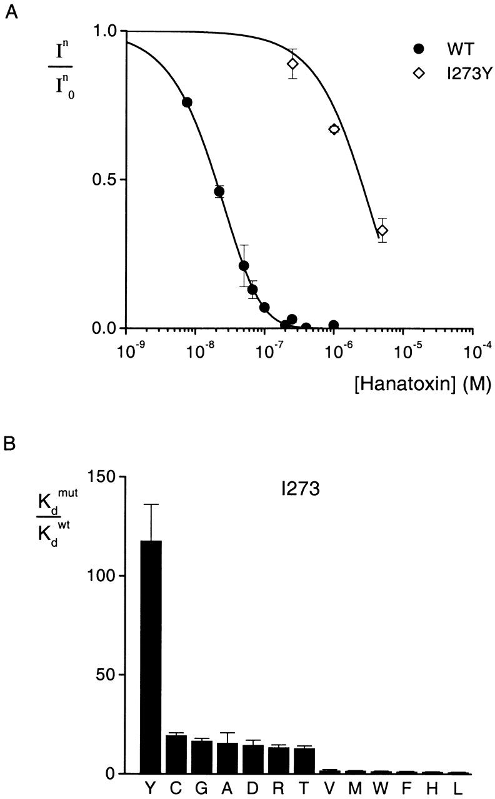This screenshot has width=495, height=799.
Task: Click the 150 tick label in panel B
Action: tap(100, 476)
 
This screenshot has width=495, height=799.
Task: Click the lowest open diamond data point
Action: tap(382, 230)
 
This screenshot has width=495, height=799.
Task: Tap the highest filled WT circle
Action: tap(186, 102)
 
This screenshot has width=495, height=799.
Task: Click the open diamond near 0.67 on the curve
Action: tap(334, 129)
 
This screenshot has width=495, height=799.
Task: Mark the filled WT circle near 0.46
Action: tap(219, 192)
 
